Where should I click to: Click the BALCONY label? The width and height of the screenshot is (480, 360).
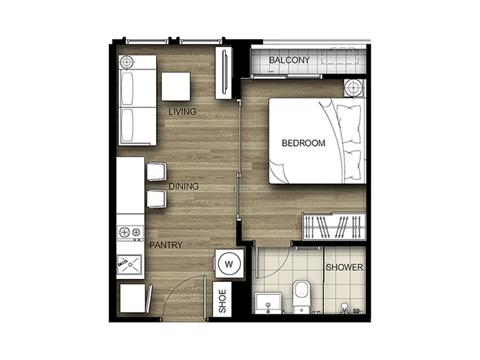point(289,60)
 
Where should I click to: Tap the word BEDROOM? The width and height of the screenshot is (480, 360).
point(303,143)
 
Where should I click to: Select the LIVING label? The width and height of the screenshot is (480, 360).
point(182,112)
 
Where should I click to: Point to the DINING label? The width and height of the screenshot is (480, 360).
point(184,186)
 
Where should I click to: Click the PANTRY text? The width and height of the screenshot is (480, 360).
point(166,245)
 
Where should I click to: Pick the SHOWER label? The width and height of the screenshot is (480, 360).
point(344,267)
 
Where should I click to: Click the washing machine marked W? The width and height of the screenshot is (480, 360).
point(229,263)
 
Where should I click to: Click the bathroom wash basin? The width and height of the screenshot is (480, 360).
point(268,303)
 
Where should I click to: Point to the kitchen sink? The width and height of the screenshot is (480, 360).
point(130,265)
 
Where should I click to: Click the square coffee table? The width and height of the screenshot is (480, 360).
point(176,87)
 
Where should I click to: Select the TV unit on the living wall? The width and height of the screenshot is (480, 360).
point(223,73)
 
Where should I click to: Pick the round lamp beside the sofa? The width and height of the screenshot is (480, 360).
point(126,62)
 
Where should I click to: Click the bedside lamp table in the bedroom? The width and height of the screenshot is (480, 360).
point(355,88)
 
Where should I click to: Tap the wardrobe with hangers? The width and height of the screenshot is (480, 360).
point(334,226)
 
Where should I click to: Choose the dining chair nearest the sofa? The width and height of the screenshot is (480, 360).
point(157,171)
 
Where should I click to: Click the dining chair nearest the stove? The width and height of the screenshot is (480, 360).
point(157,199)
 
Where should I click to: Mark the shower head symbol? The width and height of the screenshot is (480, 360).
point(345,307)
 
